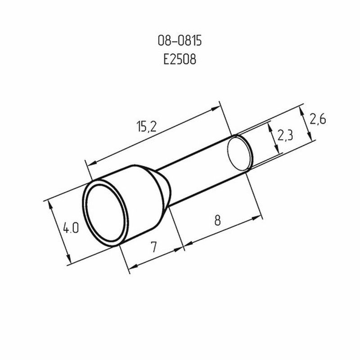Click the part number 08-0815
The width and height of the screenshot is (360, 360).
180,41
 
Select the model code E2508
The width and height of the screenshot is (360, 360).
180,59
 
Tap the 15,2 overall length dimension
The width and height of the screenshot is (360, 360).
147,126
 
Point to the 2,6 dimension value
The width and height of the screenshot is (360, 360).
318,119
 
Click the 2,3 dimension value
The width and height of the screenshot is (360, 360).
285,135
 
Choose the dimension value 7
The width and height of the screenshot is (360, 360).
154,247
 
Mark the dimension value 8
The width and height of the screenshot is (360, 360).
217,220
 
